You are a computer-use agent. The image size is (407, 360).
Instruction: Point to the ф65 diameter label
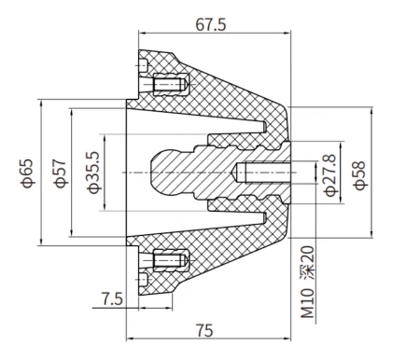28,174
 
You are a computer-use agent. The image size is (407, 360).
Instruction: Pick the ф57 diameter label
59,174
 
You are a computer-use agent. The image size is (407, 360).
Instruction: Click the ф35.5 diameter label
92,174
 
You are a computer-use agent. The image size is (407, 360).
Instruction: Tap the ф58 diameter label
358,174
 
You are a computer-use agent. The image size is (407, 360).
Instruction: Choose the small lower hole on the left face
141,281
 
